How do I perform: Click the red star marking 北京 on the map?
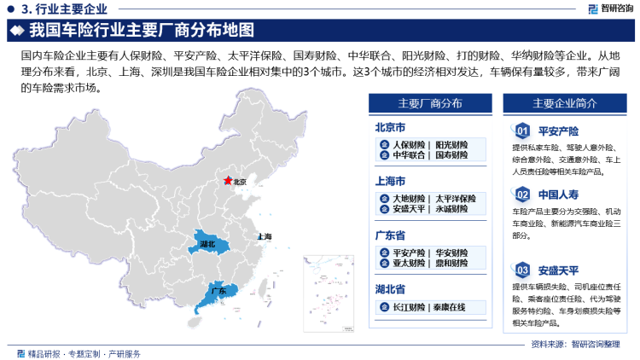[x=227, y=181]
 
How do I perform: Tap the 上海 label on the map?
[x=264, y=236]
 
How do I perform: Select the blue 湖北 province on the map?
[x=207, y=244]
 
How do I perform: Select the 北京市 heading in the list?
[x=393, y=128]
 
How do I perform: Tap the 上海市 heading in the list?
[x=393, y=182]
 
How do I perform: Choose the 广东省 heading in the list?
[x=393, y=235]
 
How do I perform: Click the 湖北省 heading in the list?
[x=393, y=289]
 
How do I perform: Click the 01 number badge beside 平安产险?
[x=522, y=131]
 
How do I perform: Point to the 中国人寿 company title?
[x=560, y=194]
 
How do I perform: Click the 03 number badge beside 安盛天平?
[x=522, y=270]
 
